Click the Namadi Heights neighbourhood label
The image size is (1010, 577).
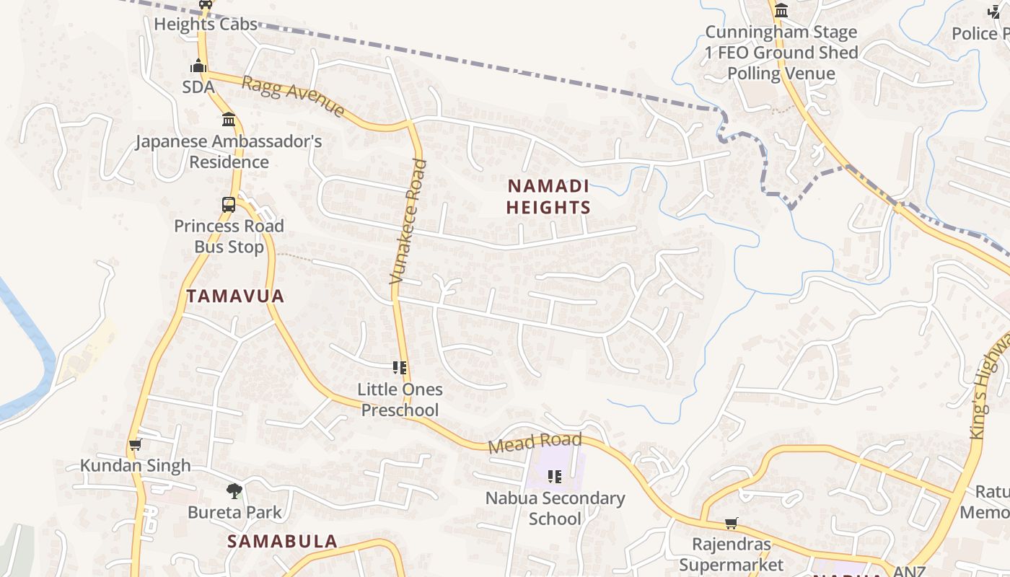click(548, 197)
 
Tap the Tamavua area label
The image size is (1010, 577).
click(235, 296)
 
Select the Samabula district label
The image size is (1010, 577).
click(283, 541)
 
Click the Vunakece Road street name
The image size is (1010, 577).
click(408, 221)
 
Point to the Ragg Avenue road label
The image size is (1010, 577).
click(293, 96)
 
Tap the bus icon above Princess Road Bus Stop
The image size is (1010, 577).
click(229, 204)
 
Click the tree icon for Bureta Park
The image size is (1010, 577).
click(234, 491)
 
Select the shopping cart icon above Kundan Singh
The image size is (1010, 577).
click(135, 445)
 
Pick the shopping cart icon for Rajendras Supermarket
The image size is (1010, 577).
click(732, 523)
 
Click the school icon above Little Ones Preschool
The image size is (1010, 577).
click(400, 368)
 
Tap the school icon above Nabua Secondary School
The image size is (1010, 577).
click(555, 476)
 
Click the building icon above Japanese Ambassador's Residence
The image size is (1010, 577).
click(229, 119)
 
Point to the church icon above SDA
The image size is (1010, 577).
click(198, 66)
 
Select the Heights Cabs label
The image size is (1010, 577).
click(206, 24)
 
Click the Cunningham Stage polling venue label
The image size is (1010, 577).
click(781, 53)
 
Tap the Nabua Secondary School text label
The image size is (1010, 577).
click(555, 508)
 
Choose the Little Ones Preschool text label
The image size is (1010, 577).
click(400, 400)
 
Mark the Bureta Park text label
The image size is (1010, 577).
click(234, 512)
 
